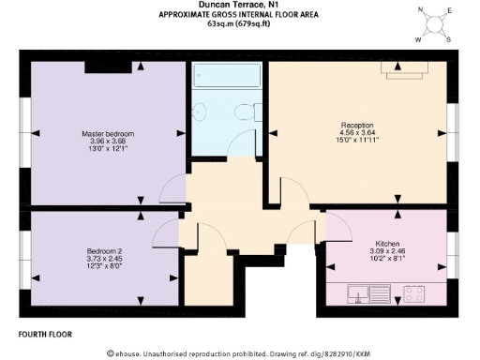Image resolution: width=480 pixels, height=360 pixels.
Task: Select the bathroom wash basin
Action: [x=198, y=113]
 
